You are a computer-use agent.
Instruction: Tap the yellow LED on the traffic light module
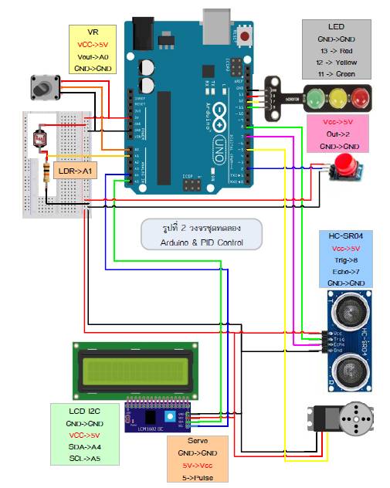click(x=337, y=99)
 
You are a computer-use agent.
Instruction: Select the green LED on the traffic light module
click(x=314, y=99)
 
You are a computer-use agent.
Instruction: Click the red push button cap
click(x=344, y=164)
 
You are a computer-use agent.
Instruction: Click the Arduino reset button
click(x=246, y=36)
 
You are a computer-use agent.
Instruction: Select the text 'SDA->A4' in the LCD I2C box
click(x=85, y=446)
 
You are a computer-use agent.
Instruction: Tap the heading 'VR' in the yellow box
click(x=93, y=33)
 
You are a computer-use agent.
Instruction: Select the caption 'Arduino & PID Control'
click(x=202, y=242)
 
